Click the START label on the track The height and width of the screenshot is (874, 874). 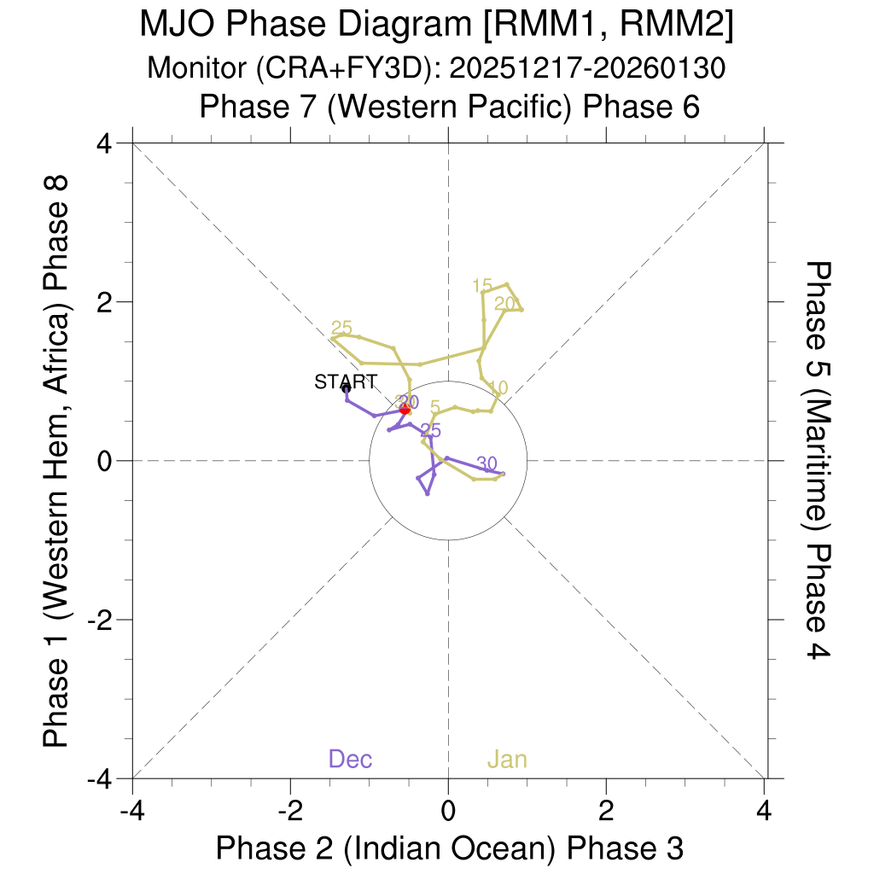click(345, 382)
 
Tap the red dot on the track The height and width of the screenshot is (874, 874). click(405, 410)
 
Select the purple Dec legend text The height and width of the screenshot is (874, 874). click(350, 759)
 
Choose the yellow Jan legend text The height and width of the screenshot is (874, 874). click(507, 759)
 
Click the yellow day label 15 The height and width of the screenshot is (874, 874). click(482, 286)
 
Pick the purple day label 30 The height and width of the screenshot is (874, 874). click(487, 463)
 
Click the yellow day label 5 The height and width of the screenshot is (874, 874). click(435, 407)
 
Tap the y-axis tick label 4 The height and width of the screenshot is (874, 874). click(106, 143)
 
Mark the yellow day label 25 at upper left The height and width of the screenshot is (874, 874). click(341, 329)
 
